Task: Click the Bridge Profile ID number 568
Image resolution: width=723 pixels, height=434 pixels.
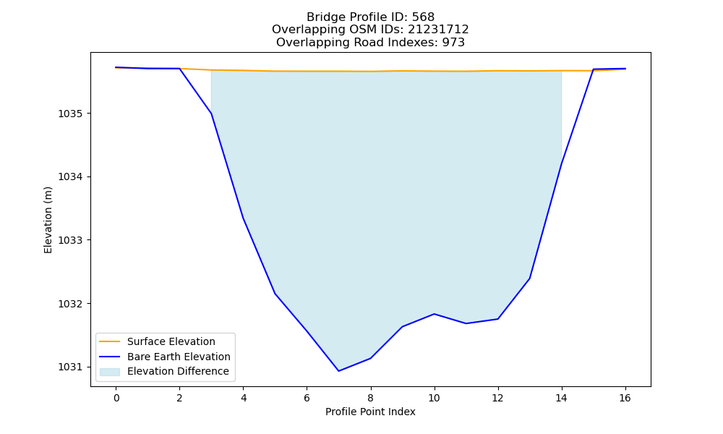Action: click(x=423, y=17)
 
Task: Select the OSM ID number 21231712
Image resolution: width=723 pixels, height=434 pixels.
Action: click(x=438, y=30)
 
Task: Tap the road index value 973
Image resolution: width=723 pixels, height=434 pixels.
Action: click(x=453, y=43)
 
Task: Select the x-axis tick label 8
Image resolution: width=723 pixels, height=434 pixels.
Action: click(x=370, y=398)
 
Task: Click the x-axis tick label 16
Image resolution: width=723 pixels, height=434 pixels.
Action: click(x=625, y=398)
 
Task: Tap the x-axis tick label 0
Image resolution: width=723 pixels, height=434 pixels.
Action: click(x=116, y=398)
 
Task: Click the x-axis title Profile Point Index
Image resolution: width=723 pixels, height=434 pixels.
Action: click(x=370, y=412)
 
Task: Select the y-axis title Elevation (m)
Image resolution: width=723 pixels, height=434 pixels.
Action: click(x=48, y=220)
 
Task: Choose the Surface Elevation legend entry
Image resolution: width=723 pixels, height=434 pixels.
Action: click(x=171, y=341)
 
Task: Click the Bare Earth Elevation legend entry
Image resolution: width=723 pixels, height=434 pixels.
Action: click(x=179, y=357)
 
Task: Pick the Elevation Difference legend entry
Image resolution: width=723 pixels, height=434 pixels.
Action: click(x=178, y=371)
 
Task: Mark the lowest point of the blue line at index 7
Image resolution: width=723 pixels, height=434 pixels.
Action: click(x=338, y=371)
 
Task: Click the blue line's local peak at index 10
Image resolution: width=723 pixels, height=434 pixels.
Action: click(x=434, y=314)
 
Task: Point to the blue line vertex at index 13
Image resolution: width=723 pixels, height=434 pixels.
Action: click(x=529, y=278)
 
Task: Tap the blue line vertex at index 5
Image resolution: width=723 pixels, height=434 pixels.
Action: click(x=275, y=294)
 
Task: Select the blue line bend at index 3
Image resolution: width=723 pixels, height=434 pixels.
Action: click(x=211, y=114)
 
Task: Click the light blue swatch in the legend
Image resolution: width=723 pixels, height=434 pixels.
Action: click(x=110, y=372)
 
